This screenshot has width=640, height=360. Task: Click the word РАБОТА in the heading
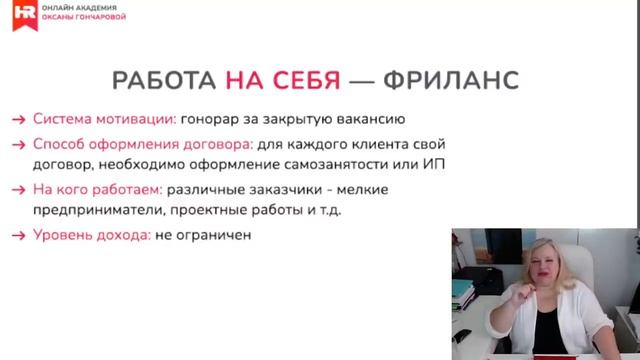164,80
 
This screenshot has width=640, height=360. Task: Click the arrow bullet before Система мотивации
19,119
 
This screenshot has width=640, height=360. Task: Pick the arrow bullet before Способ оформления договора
19,143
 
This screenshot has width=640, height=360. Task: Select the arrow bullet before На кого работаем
19,190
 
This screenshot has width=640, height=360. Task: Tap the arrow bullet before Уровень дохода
19,236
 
